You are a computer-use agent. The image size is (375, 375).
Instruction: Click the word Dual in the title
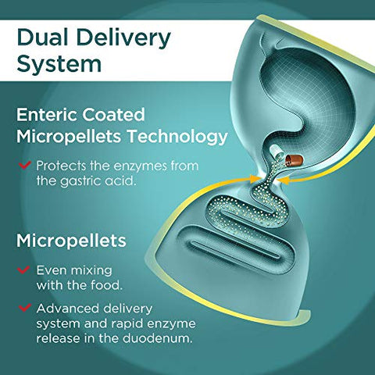click(43, 38)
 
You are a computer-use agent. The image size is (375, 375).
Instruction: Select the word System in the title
click(59, 65)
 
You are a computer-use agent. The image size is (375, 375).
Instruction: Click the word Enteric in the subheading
click(46, 115)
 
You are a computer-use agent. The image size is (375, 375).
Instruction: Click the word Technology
click(177, 137)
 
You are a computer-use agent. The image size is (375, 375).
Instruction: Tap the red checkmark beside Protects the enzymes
click(25, 165)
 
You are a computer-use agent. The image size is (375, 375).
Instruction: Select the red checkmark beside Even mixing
click(23, 270)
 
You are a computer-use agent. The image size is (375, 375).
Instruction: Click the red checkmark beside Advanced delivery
click(25, 308)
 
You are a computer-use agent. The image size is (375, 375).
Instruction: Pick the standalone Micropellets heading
click(71, 241)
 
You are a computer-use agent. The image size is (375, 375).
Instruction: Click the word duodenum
click(157, 338)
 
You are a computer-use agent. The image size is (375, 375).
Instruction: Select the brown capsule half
click(294, 160)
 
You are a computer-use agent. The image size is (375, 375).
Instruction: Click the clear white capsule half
click(275, 152)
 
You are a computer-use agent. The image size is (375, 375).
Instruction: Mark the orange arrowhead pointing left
click(283, 180)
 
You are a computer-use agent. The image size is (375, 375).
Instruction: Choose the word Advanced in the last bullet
click(68, 309)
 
